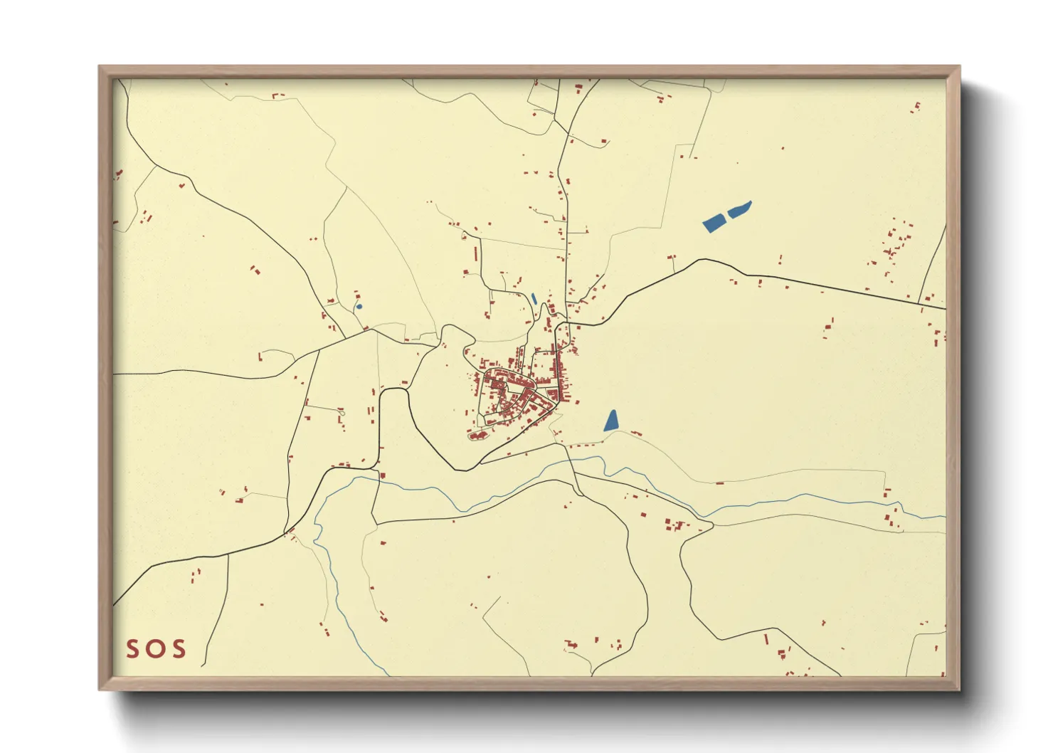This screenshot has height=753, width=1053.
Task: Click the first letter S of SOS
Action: [133, 648]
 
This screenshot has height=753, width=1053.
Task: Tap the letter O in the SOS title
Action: [155, 648]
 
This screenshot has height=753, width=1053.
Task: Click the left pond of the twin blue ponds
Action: [714, 223]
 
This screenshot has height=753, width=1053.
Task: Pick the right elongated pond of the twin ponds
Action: [740, 209]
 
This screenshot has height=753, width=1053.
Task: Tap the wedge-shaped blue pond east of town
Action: [611, 421]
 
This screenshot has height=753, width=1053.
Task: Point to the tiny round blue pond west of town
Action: [359, 307]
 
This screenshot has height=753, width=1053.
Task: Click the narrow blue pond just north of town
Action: [534, 299]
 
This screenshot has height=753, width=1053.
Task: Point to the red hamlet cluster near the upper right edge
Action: [893, 246]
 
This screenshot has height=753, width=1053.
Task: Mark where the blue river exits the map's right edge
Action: [945, 517]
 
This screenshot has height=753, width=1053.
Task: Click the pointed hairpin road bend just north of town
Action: [545, 305]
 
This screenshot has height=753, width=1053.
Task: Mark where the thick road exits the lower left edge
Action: [115, 605]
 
